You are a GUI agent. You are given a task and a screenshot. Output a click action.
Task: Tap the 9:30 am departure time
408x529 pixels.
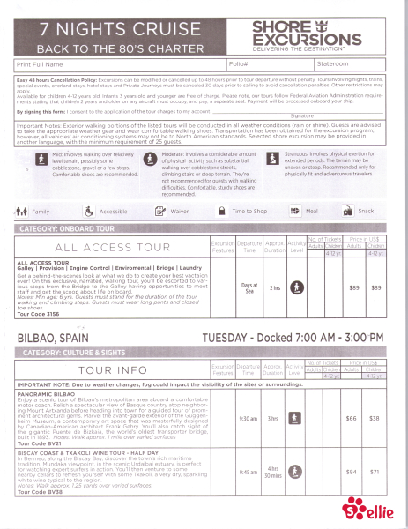point(248,418)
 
